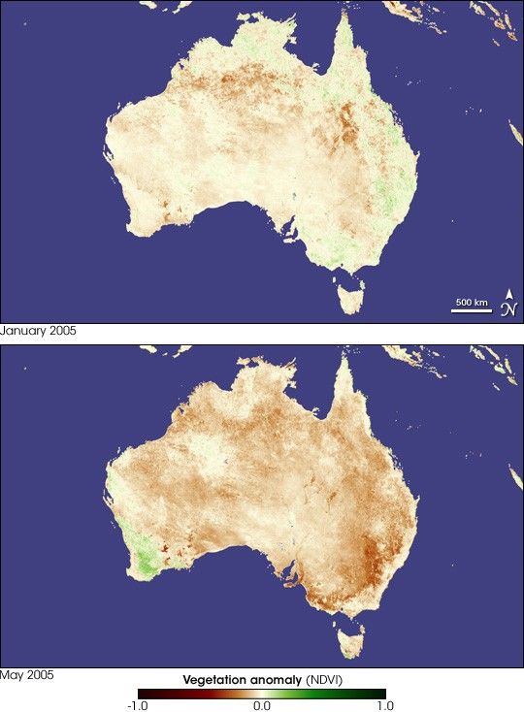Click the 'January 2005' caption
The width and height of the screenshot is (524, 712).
(39, 331)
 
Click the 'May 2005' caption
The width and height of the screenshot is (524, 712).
(26, 674)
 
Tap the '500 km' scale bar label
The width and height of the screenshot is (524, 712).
(472, 303)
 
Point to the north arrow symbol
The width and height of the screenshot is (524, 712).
(509, 304)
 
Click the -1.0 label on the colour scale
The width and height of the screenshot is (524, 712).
(139, 705)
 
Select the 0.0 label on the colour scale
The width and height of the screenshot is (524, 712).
(262, 705)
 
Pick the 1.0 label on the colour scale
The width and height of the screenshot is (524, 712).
(381, 705)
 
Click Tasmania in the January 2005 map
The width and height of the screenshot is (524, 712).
(350, 293)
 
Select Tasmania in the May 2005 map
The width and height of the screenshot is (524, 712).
(350, 638)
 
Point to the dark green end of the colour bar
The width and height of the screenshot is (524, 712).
(379, 693)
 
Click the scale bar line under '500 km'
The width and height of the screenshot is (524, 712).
(472, 311)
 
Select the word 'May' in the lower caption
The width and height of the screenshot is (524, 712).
(13, 674)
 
